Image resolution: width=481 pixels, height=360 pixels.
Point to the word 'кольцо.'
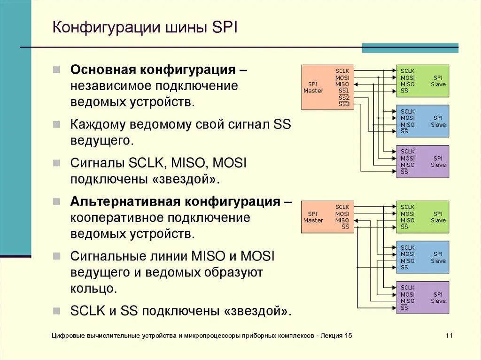[x=93, y=288]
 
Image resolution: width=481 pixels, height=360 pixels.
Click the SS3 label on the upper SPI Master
[x=344, y=104]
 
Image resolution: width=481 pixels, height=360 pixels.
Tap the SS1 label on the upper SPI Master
[x=344, y=91]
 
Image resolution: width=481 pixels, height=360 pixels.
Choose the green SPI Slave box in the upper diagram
[x=422, y=81]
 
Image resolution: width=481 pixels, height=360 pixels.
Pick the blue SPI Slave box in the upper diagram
[x=422, y=121]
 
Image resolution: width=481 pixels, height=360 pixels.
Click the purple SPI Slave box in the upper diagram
[x=422, y=161]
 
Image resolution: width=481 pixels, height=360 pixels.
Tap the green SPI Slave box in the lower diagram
[x=422, y=217]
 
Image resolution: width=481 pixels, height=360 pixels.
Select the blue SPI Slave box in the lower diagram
[x=422, y=257]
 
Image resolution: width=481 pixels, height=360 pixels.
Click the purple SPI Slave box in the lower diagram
[x=422, y=298]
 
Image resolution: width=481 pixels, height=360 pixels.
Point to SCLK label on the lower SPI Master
[x=342, y=207]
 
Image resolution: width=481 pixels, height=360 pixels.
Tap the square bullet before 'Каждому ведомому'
[x=56, y=125]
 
